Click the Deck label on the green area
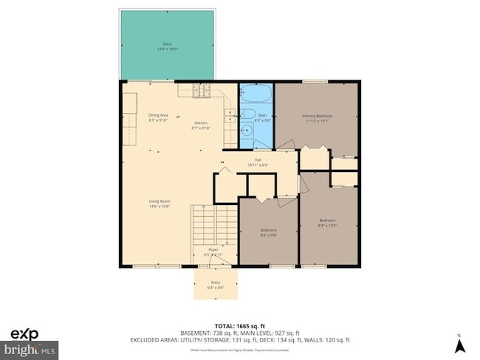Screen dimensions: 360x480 (167, 46)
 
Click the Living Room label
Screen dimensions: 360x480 (159, 204)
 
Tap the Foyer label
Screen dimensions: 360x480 (213, 252)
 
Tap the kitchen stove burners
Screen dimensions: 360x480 (202, 91)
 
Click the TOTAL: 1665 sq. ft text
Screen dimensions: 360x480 (240, 325)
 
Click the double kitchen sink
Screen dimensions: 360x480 (230, 114)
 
